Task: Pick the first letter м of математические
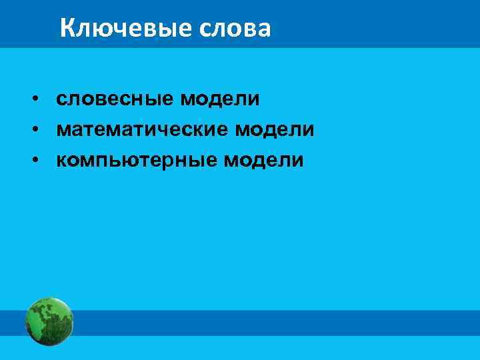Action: pos(64,131)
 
